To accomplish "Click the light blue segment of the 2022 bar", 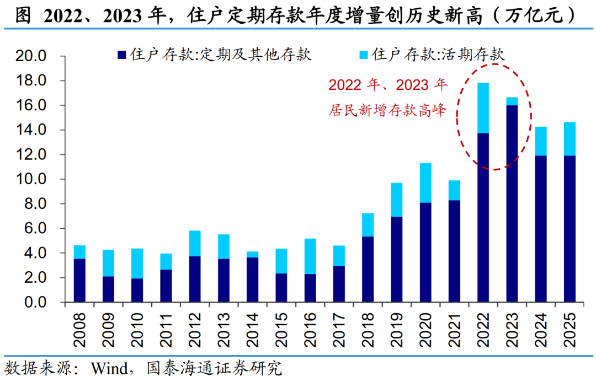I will tap(483, 108).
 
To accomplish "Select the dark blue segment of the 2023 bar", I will tap(512, 204).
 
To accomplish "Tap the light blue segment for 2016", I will tap(310, 256).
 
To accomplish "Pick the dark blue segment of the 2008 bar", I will tap(79, 281).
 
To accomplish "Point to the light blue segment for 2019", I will tap(396, 200).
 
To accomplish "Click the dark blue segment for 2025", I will tap(570, 229).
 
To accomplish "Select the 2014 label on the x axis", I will tap(253, 329).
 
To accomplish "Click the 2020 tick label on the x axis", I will tap(425, 329).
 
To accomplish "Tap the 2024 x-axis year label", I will tap(541, 329).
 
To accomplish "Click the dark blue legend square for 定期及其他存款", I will tap(122, 55).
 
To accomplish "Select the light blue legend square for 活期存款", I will tap(364, 55).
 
